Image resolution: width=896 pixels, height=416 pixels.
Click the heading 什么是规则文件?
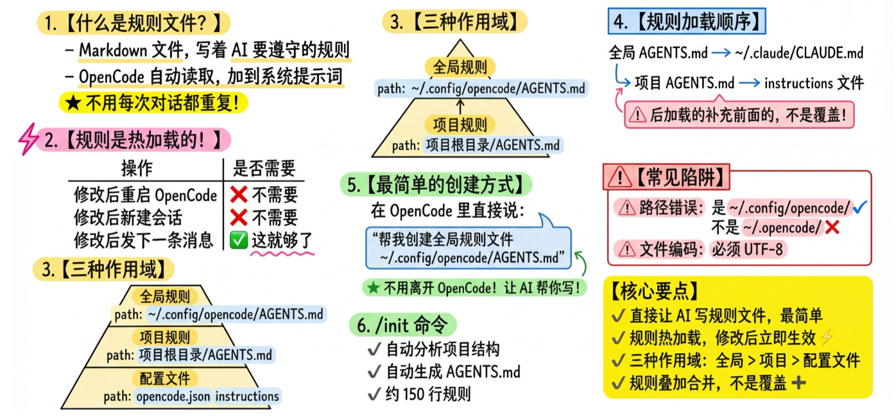click(134, 24)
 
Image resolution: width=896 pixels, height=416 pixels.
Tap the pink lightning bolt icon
click(30, 139)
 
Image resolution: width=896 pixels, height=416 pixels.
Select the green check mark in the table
click(238, 240)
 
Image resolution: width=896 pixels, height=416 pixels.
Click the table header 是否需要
click(264, 169)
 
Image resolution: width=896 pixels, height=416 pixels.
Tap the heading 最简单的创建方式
click(436, 185)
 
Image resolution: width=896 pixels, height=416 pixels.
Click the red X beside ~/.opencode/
click(832, 227)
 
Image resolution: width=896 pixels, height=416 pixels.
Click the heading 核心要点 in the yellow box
click(655, 291)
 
